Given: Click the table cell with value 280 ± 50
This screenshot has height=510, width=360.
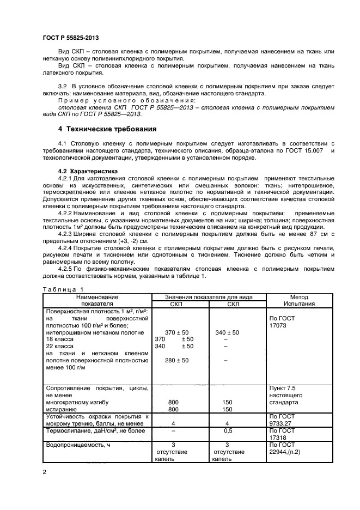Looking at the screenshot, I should (176, 360).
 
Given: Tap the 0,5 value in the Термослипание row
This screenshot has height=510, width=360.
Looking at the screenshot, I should (228, 430).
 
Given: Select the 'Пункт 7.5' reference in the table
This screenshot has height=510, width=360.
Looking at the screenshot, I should (282, 388).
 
